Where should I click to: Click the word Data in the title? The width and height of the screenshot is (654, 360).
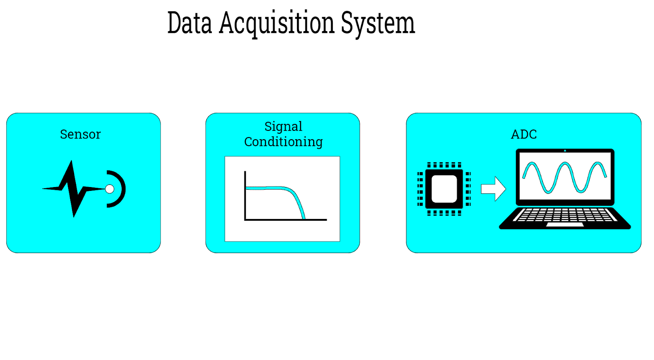pos(190,23)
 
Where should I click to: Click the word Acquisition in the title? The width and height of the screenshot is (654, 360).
pos(277,24)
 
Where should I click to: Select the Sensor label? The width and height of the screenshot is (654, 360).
pos(80,134)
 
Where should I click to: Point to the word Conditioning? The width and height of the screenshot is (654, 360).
pos(283,142)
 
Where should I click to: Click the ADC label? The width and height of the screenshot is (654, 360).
pos(524,134)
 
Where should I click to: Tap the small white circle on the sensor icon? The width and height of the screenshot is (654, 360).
pos(109,189)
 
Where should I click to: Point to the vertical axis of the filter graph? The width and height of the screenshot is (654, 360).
pos(245,196)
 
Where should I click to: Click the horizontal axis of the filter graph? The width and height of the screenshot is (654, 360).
pos(285,219)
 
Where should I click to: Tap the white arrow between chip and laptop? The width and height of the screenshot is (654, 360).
pos(493,189)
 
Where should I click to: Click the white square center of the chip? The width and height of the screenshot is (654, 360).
pos(444,189)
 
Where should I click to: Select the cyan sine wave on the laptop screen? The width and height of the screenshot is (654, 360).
pos(565,177)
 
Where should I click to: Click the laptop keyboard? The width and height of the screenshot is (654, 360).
pos(565,215)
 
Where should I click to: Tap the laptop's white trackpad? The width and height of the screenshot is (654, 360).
pos(565,225)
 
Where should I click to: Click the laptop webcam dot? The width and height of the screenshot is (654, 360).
pos(565,151)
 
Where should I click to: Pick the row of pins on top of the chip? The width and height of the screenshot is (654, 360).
pos(444,165)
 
